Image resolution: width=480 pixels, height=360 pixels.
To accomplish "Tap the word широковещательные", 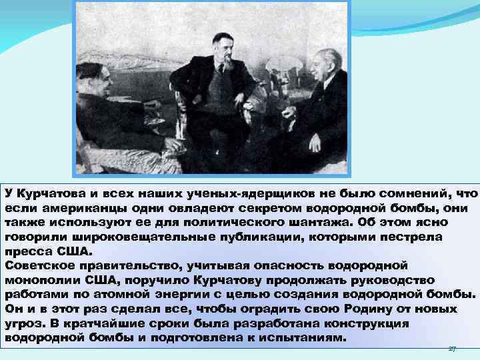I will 128,237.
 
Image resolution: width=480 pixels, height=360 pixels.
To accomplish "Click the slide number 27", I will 452,348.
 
